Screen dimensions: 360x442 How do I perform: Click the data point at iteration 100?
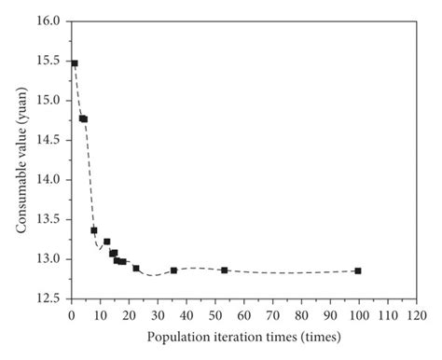[358, 270]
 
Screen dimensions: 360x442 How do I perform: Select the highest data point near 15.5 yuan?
[75, 63]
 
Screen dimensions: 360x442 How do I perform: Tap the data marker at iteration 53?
[224, 270]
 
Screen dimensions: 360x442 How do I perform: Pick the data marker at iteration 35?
[173, 270]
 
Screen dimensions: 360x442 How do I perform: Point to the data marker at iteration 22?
[136, 269]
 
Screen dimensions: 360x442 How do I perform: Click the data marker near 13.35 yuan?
[94, 229]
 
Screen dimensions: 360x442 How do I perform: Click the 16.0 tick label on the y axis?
[52, 21]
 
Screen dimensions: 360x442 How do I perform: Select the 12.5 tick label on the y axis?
[52, 298]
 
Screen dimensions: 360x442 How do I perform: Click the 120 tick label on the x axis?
[416, 314]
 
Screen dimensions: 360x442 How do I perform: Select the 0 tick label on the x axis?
[72, 314]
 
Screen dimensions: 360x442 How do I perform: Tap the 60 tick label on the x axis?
[243, 314]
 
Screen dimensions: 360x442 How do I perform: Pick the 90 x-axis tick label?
[330, 314]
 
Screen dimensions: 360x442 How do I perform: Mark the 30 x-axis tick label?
[158, 314]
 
